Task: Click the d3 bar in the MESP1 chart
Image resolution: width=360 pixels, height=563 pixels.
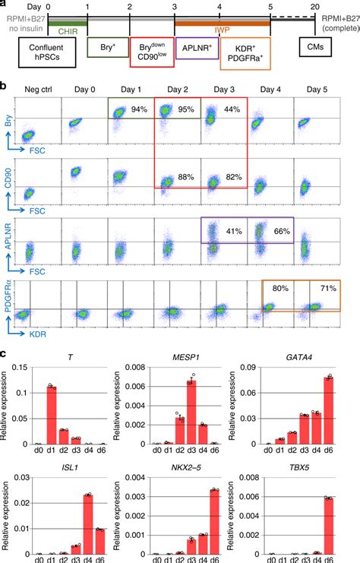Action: pos(192,402)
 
